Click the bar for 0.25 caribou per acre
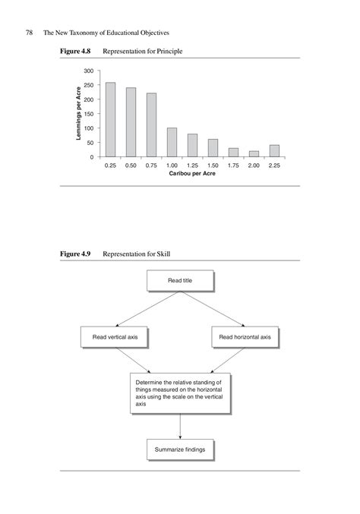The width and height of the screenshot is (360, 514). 110,120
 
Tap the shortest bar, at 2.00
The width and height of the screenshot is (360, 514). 254,153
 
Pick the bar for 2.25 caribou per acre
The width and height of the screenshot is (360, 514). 274,150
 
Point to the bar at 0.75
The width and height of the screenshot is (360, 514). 151,125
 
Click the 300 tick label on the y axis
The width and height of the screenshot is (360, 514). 90,71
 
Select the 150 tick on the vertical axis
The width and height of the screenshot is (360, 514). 90,114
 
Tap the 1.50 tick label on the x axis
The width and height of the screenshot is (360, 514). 213,165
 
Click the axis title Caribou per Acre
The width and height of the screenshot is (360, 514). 192,174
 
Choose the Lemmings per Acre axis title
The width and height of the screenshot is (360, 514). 78,113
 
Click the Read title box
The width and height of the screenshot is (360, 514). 179,280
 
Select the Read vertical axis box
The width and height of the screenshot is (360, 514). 114,336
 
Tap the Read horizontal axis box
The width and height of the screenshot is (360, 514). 245,336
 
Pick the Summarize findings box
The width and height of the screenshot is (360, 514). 179,449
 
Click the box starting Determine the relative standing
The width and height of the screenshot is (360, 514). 179,393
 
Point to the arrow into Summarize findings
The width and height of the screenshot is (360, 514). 179,427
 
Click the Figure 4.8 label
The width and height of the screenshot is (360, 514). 76,51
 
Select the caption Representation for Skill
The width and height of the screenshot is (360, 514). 142,253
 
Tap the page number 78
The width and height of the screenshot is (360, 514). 30,33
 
